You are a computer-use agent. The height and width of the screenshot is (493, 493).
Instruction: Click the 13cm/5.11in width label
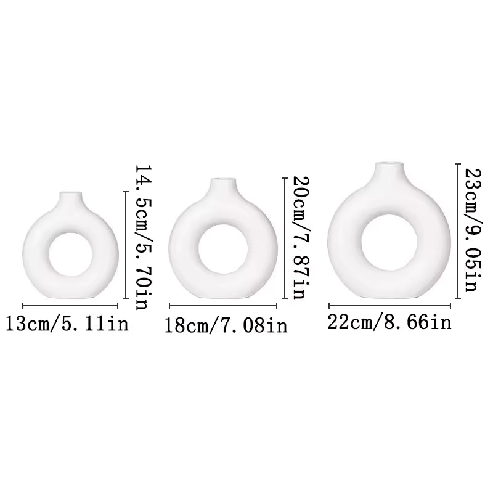coord(67,323)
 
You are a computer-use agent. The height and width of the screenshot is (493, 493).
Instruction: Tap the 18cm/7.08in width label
coord(226,325)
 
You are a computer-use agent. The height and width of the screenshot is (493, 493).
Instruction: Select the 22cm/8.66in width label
coord(389,322)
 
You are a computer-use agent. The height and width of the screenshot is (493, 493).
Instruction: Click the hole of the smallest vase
coord(69,255)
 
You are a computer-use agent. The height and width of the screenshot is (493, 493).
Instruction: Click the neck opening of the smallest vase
coord(71,195)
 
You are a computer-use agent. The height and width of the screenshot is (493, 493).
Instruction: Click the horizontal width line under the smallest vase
coord(70,306)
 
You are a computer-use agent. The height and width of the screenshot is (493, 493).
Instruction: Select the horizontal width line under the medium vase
coord(223,305)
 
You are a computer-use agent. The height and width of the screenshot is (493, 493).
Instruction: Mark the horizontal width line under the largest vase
coord(390,304)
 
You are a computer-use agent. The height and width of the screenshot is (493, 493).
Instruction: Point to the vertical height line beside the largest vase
coord(457,228)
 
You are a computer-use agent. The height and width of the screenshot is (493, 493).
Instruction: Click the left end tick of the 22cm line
coord(330,304)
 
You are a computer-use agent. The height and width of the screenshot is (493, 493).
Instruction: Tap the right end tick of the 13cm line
coord(117,306)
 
